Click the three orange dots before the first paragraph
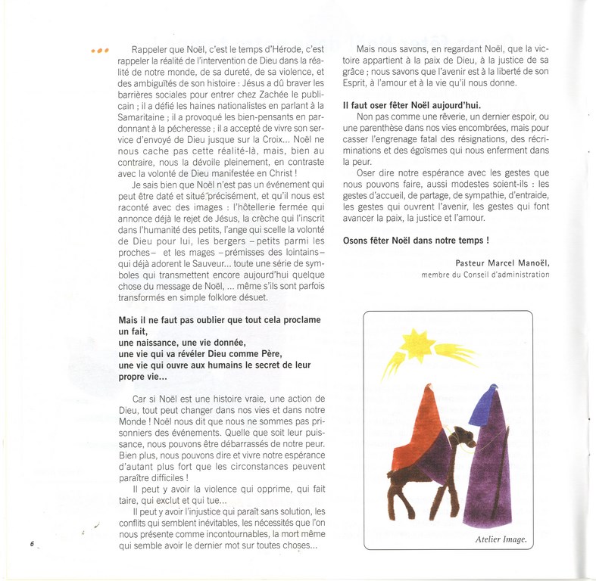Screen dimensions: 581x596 point(100,51)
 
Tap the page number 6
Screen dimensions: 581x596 point(32,543)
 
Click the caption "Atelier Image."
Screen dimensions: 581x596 point(501,540)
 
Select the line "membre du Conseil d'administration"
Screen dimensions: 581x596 point(485,274)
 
